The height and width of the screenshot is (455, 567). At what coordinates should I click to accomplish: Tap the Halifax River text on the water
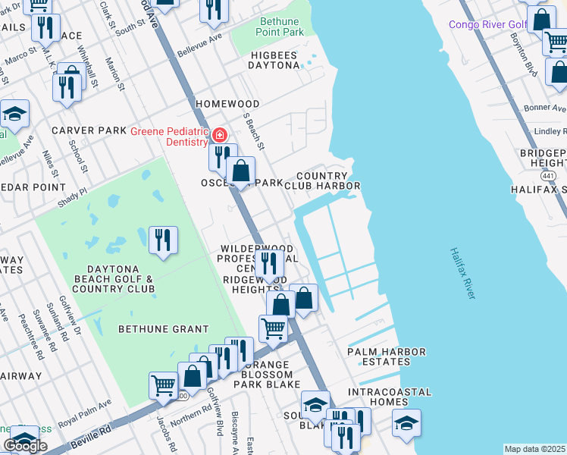click(462, 272)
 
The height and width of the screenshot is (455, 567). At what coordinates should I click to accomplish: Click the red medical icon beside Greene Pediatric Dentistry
click(219, 136)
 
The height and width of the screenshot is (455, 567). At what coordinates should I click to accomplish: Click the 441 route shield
click(548, 175)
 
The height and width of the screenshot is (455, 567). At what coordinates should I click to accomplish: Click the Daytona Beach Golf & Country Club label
click(111, 278)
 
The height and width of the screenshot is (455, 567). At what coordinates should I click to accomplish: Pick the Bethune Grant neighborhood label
click(164, 328)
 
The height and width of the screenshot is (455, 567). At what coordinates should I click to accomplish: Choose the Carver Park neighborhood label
click(89, 130)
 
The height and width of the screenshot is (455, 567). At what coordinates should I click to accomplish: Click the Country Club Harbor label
click(327, 180)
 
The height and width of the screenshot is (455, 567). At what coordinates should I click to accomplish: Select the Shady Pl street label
click(73, 199)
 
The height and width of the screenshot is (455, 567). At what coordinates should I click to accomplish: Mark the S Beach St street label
click(254, 131)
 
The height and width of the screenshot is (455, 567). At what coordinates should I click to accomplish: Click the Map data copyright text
click(535, 449)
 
